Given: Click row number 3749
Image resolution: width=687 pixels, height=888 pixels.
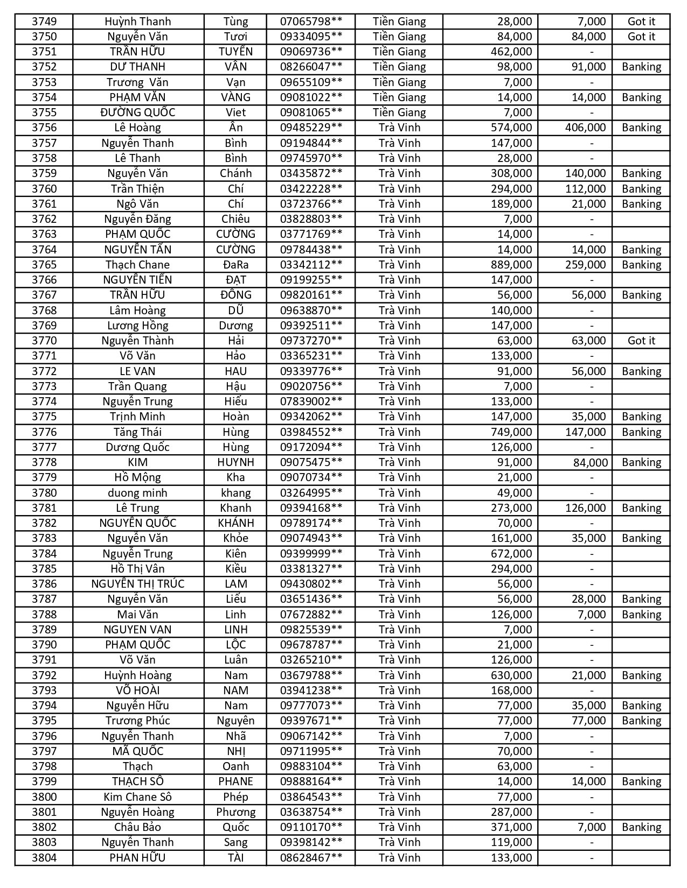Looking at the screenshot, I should pyautogui.click(x=44, y=22).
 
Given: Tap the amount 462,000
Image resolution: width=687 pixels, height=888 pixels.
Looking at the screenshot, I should pyautogui.click(x=511, y=52).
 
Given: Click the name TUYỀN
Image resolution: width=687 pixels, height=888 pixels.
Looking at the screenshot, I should pyautogui.click(x=235, y=52).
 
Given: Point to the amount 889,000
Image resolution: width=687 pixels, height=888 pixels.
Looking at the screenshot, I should pyautogui.click(x=511, y=265).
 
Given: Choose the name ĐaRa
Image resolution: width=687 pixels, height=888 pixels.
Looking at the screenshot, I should pyautogui.click(x=235, y=265).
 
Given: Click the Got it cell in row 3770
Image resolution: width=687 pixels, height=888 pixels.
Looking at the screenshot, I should pyautogui.click(x=641, y=341).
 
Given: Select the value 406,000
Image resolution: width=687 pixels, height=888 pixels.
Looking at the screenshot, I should pyautogui.click(x=585, y=128).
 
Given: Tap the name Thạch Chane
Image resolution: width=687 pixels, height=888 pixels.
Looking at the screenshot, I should pyautogui.click(x=137, y=265).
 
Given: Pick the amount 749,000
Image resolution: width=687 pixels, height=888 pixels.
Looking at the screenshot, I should pyautogui.click(x=511, y=432).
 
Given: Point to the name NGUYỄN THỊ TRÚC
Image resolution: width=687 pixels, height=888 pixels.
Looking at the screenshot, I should pyautogui.click(x=137, y=584).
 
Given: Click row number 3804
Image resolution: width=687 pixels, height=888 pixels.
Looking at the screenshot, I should pyautogui.click(x=44, y=858).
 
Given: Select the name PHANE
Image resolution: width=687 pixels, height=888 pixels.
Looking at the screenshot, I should pyautogui.click(x=235, y=781).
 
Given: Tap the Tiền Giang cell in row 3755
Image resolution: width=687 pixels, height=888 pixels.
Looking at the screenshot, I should pyautogui.click(x=399, y=112).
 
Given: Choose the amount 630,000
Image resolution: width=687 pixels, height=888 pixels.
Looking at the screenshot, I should pyautogui.click(x=511, y=675).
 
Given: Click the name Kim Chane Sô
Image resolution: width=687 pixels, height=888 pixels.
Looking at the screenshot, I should pyautogui.click(x=137, y=797).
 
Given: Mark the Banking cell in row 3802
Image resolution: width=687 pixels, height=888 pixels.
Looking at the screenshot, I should pyautogui.click(x=641, y=827).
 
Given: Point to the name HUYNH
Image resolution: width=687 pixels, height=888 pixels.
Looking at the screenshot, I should pyautogui.click(x=235, y=462).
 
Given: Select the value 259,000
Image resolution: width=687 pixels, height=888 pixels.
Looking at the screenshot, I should pyautogui.click(x=585, y=265).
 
